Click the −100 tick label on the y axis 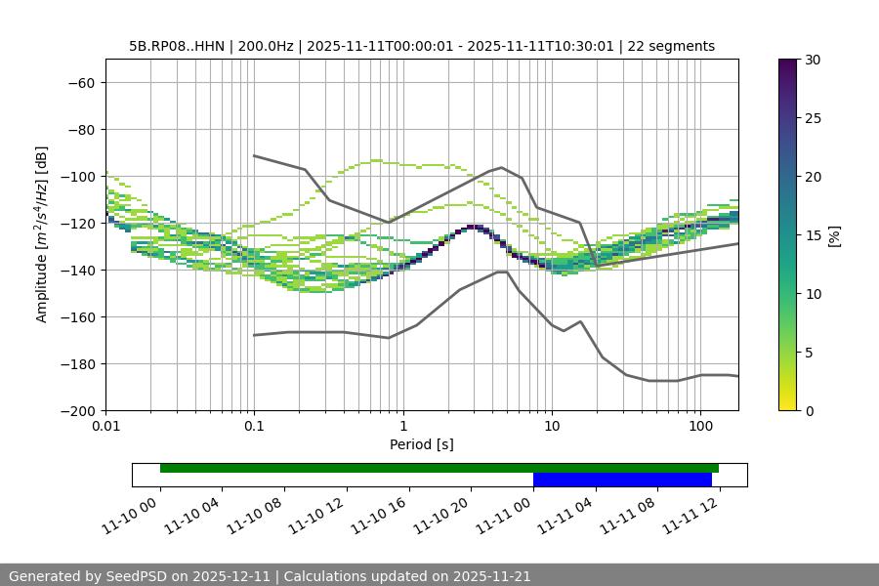(x=81, y=177)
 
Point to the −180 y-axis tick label (x=81, y=364)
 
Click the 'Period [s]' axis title (x=422, y=444)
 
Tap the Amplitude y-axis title (x=42, y=234)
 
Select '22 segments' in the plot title (x=671, y=46)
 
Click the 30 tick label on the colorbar (x=813, y=60)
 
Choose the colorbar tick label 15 (x=813, y=235)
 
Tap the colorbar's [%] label (x=834, y=235)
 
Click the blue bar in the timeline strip (x=622, y=480)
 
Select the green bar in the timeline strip (x=439, y=468)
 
